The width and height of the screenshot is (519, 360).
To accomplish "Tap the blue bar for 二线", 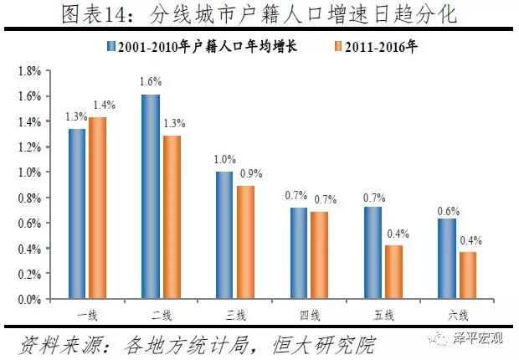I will tap(151, 197).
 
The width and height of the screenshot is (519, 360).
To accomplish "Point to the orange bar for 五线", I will tap(393, 272).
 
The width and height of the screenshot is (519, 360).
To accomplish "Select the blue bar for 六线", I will tap(446, 259).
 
